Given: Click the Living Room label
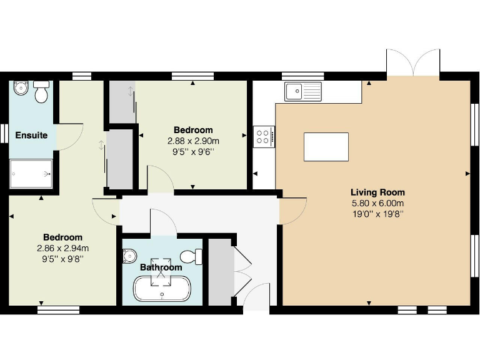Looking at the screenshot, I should (377, 192).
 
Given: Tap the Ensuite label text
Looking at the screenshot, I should (31, 135).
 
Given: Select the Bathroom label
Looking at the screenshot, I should (161, 267).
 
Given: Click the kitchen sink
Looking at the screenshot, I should (302, 92).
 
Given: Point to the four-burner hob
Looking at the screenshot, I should (264, 137).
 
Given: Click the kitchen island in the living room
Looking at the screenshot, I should (326, 147).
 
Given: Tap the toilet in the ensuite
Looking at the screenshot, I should (41, 92).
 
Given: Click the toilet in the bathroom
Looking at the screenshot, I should (191, 256).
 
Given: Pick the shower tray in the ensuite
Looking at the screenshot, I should (31, 172).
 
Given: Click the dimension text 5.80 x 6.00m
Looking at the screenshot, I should (377, 203).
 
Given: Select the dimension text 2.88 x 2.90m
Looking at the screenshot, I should (193, 141).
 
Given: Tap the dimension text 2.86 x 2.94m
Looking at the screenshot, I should (62, 248).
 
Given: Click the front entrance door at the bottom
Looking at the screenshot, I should (256, 296).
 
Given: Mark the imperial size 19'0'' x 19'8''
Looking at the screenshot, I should (377, 214).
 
